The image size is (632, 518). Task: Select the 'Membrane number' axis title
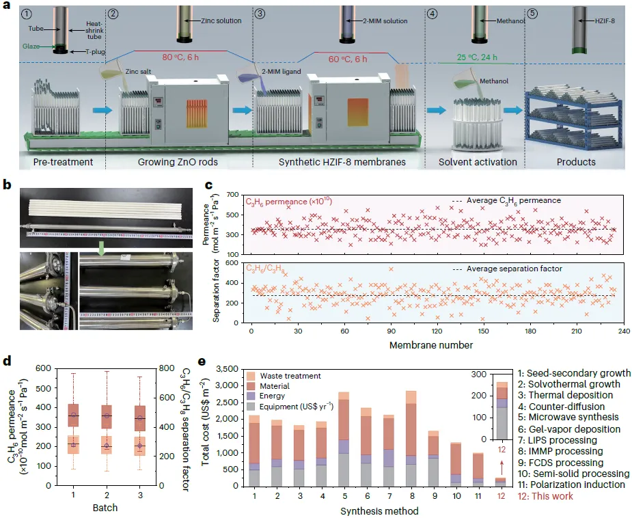[x=431, y=344]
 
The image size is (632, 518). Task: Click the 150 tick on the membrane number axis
[x=483, y=332]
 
